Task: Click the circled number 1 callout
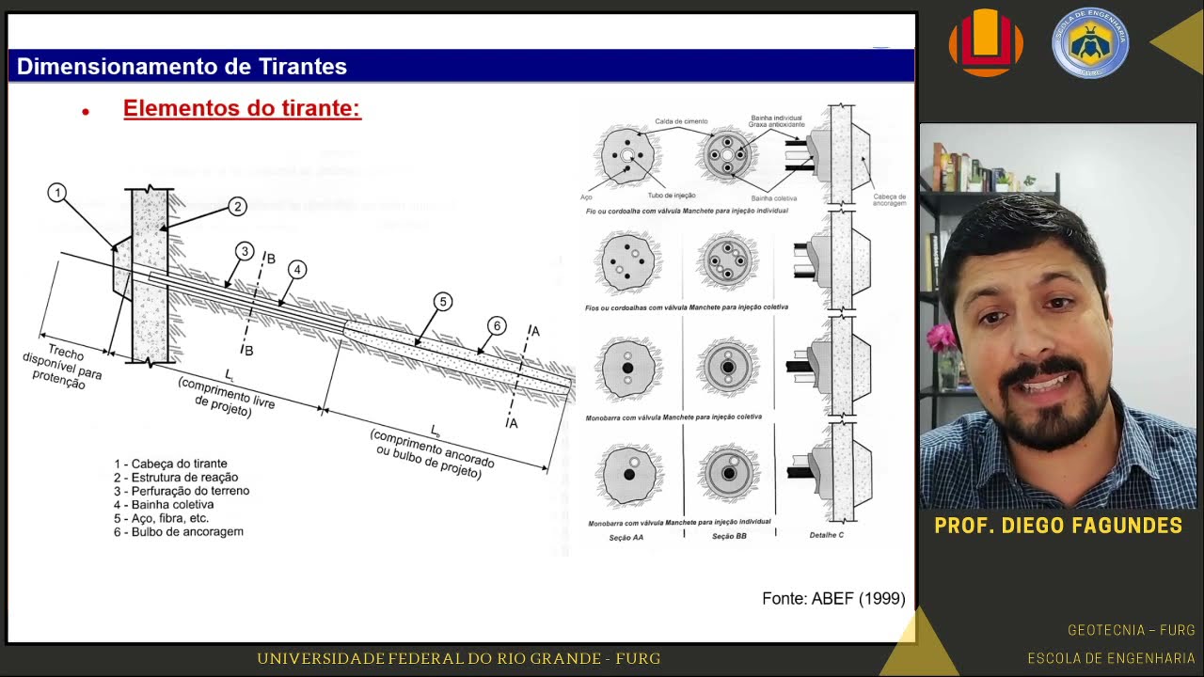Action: (x=57, y=193)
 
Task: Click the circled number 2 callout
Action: (x=237, y=207)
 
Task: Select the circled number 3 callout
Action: (x=245, y=251)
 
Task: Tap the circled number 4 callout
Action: (x=297, y=270)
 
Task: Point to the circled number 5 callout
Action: (x=442, y=302)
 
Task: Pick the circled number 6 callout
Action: (x=497, y=326)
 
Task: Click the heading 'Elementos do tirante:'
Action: (x=242, y=108)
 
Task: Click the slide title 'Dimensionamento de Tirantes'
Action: (x=182, y=67)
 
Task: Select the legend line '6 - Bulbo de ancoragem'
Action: (x=179, y=531)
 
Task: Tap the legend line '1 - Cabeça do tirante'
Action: (x=170, y=464)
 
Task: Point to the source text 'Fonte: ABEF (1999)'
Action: (x=833, y=598)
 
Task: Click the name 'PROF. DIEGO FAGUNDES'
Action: (x=1058, y=526)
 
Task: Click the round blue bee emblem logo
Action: (x=1090, y=42)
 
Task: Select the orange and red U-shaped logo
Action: (x=986, y=42)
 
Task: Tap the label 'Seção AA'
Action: (x=626, y=537)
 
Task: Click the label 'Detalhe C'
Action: (x=826, y=535)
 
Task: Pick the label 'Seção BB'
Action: (x=729, y=537)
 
